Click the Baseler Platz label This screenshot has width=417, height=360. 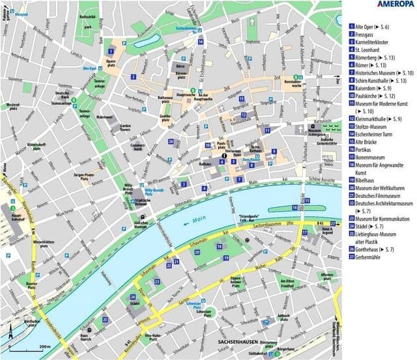point(34,283)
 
